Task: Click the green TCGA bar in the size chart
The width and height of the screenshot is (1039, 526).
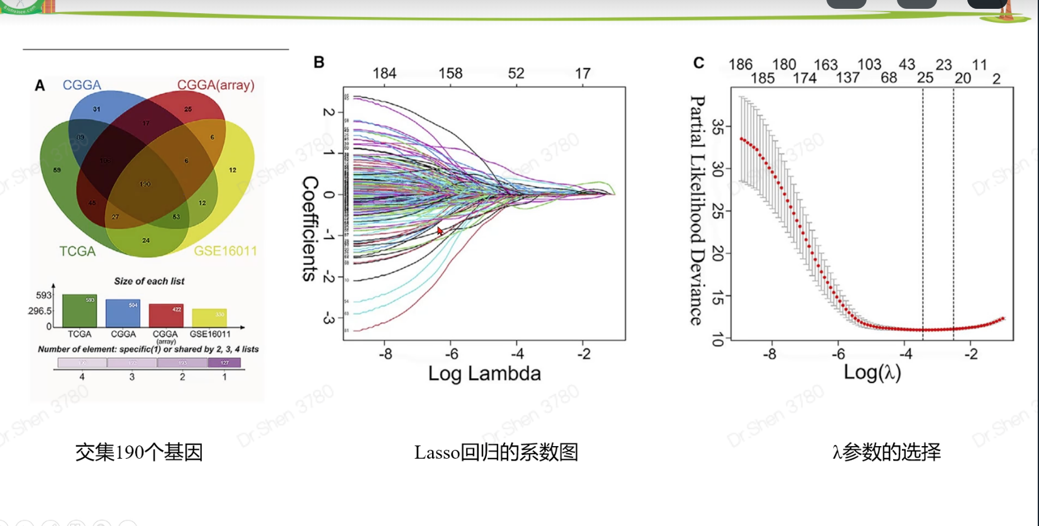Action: [x=79, y=311]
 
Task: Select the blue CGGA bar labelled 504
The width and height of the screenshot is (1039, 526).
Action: [x=123, y=313]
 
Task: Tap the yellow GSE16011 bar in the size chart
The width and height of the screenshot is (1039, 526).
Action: [x=209, y=317]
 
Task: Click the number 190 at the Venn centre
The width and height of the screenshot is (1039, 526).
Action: [x=145, y=184]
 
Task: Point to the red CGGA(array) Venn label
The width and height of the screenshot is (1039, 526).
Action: [x=215, y=85]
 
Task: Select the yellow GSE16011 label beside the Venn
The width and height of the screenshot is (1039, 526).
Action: [x=225, y=251]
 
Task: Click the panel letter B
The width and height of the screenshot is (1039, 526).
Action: [x=319, y=62]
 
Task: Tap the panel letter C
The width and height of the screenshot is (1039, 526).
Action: [x=698, y=63]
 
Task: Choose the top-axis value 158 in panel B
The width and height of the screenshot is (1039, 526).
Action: [x=450, y=74]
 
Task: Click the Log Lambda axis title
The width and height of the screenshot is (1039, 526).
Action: [x=484, y=374]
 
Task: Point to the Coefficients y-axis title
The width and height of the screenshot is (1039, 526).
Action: [x=310, y=228]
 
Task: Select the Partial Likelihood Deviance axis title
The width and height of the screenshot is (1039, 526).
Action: [x=697, y=210]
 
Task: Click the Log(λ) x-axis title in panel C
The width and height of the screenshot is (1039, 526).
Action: [x=872, y=372]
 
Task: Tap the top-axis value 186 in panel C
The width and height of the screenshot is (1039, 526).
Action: [x=740, y=64]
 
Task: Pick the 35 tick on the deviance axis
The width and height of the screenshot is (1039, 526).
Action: [x=718, y=127]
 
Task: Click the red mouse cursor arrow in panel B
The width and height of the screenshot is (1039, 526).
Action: [x=440, y=231]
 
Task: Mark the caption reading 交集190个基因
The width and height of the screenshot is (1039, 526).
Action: [x=139, y=452]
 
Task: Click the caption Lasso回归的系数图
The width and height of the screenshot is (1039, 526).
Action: [x=496, y=452]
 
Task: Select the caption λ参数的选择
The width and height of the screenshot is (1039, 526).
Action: [x=886, y=452]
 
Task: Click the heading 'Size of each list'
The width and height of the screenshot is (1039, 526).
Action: [x=149, y=281]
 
